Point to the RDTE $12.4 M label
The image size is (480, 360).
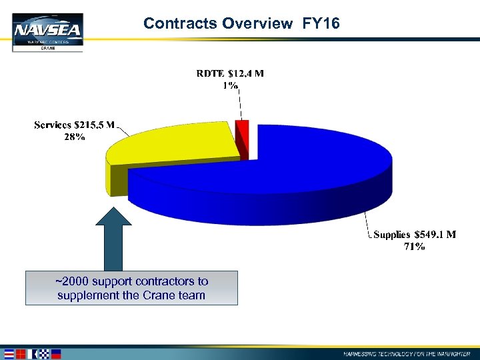point(230,73)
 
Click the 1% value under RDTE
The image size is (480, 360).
point(231,86)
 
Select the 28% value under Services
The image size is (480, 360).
point(75,137)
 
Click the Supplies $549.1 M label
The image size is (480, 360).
point(415,235)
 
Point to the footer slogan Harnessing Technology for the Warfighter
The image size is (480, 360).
point(410,353)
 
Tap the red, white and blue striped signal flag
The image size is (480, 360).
point(10,353)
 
